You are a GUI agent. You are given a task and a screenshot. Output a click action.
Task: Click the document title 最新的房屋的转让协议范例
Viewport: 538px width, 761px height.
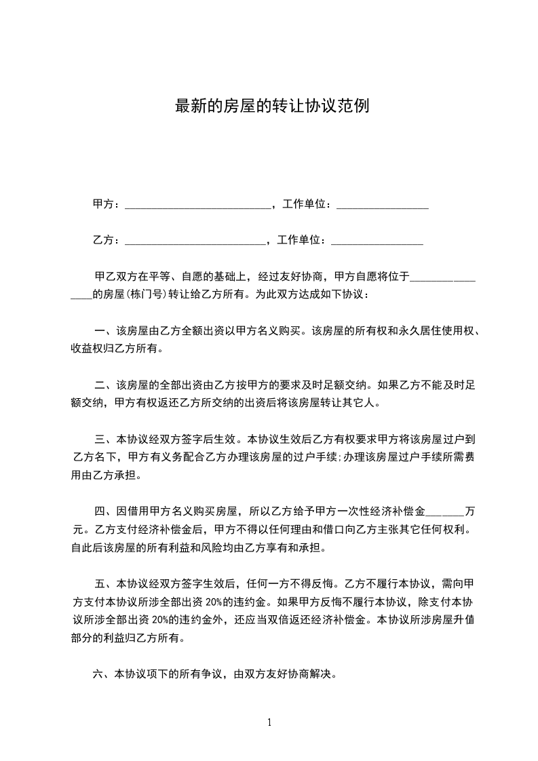(272, 106)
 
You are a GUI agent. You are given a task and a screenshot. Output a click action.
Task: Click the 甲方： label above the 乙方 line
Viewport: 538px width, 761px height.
(107, 204)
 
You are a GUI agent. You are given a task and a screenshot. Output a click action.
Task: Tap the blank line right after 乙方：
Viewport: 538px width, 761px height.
(196, 240)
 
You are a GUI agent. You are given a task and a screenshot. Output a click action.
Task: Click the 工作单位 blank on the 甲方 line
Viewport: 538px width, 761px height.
(382, 204)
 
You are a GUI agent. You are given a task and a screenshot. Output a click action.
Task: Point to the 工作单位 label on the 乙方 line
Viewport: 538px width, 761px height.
(302, 240)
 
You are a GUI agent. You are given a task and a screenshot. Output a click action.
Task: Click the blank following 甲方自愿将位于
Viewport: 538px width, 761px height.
(442, 277)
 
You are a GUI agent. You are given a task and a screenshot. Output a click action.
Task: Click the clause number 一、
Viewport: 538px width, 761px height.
(104, 332)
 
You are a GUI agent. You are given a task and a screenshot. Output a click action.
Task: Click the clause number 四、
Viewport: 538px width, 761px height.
(104, 510)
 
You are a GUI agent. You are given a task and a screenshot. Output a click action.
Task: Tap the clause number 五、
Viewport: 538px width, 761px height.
(104, 583)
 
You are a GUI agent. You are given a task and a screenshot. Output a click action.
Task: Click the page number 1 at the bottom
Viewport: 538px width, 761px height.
(269, 722)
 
